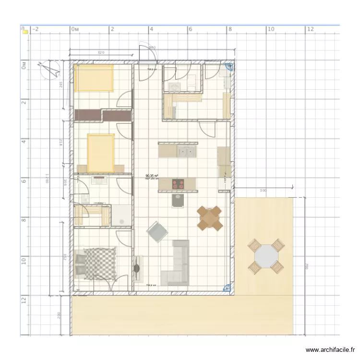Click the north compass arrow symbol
coord(50,70)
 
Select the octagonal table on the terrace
coord(266,257)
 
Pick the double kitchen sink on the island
coord(186,152)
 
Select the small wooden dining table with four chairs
coord(210,218)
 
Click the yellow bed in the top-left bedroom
coord(94,78)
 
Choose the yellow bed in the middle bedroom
coord(101,153)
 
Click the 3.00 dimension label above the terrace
coord(263,191)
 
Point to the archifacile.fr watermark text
coord(331,350)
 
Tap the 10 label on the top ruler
coord(270,29)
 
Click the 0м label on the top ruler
coord(74,29)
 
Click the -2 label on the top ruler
coord(36,29)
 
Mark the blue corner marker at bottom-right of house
coord(228,288)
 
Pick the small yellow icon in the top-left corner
coord(24,30)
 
